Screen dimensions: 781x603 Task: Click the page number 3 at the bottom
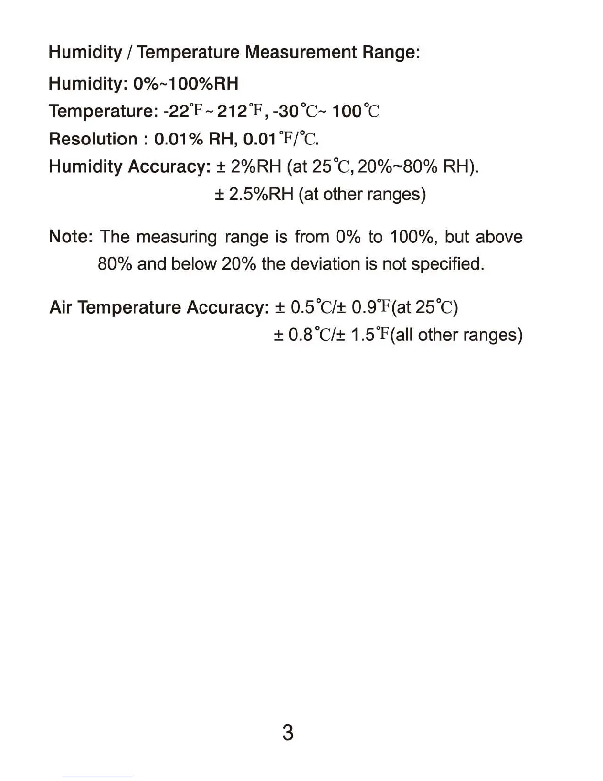click(x=288, y=733)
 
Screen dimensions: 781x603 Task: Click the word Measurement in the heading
click(x=301, y=52)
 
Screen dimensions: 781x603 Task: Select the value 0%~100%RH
click(x=186, y=84)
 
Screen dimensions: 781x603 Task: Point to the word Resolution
click(x=93, y=139)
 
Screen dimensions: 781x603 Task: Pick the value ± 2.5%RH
click(x=254, y=194)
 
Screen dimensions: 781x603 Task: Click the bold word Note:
click(x=71, y=237)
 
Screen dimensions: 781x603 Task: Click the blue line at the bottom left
click(x=98, y=777)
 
